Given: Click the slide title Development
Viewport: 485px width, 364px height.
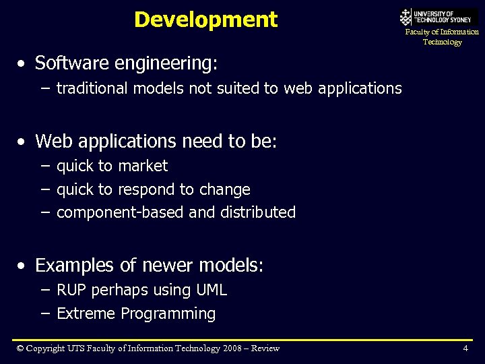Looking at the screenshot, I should coord(205,20).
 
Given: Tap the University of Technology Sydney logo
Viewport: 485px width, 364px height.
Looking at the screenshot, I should coord(439,16).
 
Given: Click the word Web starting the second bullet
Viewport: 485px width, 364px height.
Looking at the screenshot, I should coord(53,142).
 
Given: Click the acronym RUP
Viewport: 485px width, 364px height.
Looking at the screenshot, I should coord(71,291).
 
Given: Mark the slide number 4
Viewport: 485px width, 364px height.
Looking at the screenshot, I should coord(465,348).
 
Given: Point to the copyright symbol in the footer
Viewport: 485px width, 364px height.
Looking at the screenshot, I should coord(20,348).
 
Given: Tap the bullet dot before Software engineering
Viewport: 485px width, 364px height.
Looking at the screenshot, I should coord(23,64).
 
